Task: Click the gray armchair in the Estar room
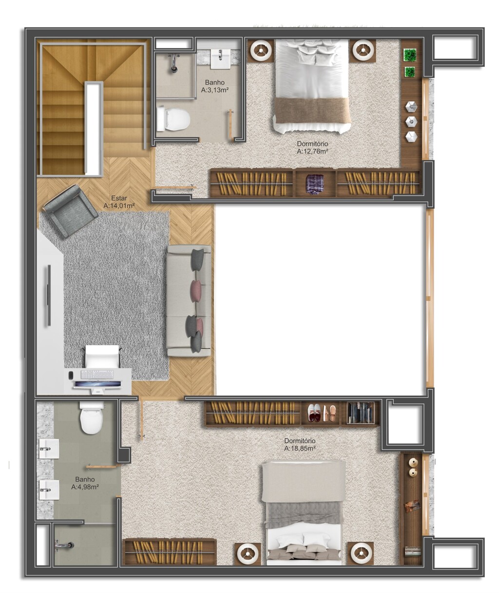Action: coord(70,211)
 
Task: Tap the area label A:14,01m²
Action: coord(119,206)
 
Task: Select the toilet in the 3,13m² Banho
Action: coord(173,118)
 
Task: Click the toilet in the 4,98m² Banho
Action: coord(91,417)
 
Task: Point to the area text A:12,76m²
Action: coord(312,151)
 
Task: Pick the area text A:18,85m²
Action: coord(300,449)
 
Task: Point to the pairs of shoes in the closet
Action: coord(322,413)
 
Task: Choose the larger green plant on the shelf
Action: coord(410,55)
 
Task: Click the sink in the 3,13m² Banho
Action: coord(221,59)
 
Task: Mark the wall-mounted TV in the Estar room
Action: coord(49,296)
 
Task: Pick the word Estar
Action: coord(119,198)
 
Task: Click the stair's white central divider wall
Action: coord(94,128)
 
